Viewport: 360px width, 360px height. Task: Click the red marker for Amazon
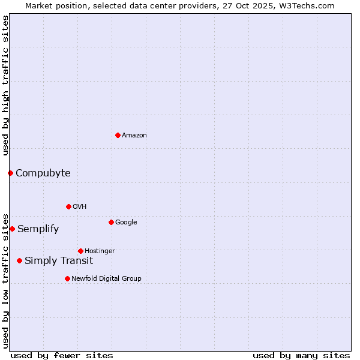pos(118,135)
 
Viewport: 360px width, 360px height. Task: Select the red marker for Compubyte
pos(10,173)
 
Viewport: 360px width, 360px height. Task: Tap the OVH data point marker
pos(68,206)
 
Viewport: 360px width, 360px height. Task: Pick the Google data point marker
pos(111,222)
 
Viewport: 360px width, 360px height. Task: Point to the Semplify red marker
pos(12,229)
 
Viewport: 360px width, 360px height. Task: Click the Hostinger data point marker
pos(80,251)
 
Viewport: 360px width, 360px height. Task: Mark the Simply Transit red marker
pos(20,260)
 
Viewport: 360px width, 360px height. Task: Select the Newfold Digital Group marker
pos(67,278)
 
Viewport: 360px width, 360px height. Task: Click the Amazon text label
pos(134,136)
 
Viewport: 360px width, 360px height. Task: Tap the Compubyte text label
pos(43,173)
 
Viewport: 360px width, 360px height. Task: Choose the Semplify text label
pos(38,229)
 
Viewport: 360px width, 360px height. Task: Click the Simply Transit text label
pos(59,261)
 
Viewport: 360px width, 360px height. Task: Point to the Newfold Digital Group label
pos(106,279)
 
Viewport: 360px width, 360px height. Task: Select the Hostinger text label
pos(100,251)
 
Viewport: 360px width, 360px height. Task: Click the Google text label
pos(126,223)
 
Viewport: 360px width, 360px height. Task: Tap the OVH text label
pos(79,207)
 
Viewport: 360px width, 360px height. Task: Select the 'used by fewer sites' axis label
pos(62,355)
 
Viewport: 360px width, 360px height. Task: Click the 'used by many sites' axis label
pos(301,355)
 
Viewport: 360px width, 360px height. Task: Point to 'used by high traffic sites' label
pos(5,85)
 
